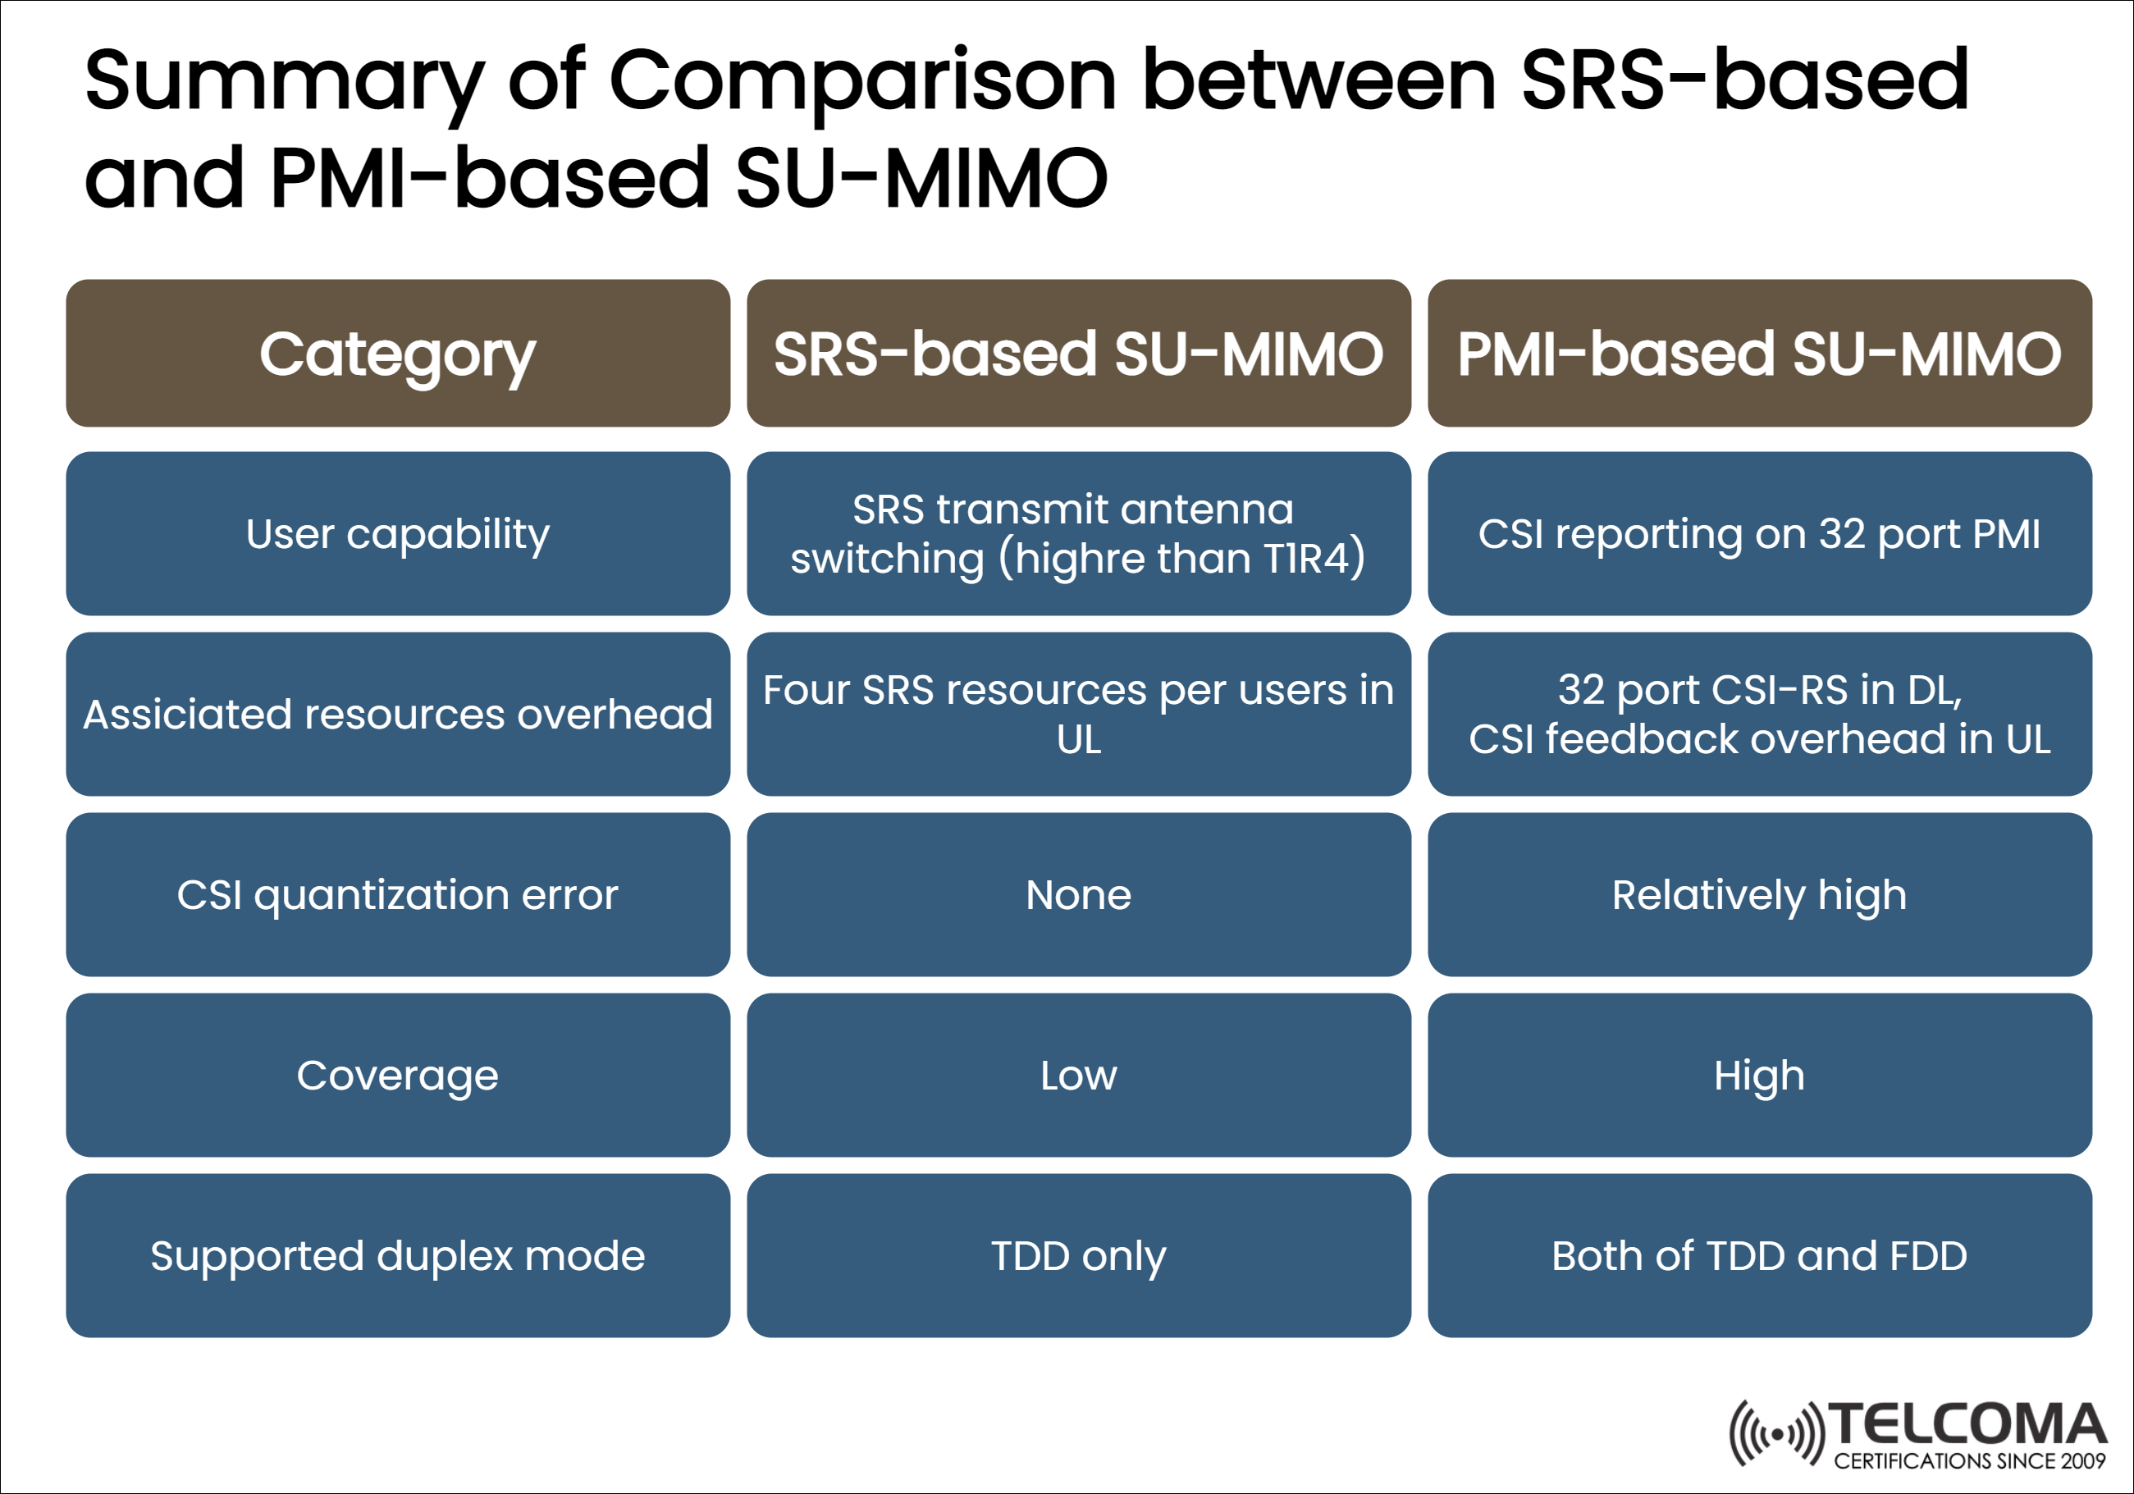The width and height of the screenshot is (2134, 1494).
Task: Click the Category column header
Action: click(398, 354)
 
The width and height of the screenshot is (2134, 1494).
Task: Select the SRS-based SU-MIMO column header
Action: click(1079, 354)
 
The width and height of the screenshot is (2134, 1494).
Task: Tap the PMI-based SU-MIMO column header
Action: click(1759, 354)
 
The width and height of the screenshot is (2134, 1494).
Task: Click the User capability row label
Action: click(398, 533)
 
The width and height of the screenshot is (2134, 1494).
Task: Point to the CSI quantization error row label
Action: click(398, 894)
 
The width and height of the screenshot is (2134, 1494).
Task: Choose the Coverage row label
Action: click(398, 1075)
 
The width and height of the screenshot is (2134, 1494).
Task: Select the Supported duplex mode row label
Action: click(398, 1255)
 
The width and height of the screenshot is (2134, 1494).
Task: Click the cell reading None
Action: click(1079, 894)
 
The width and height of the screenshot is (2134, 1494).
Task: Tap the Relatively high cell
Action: click(1759, 894)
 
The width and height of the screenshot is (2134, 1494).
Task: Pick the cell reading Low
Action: click(1079, 1075)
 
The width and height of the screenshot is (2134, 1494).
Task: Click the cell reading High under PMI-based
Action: click(1759, 1075)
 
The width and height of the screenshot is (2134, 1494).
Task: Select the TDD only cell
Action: click(1079, 1255)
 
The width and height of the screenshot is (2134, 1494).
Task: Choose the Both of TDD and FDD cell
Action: click(1759, 1255)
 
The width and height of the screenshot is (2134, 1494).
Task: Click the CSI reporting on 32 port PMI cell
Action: click(1759, 533)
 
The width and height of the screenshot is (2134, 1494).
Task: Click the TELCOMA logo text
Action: click(1968, 1425)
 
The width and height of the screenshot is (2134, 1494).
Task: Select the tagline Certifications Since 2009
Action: click(1969, 1460)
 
